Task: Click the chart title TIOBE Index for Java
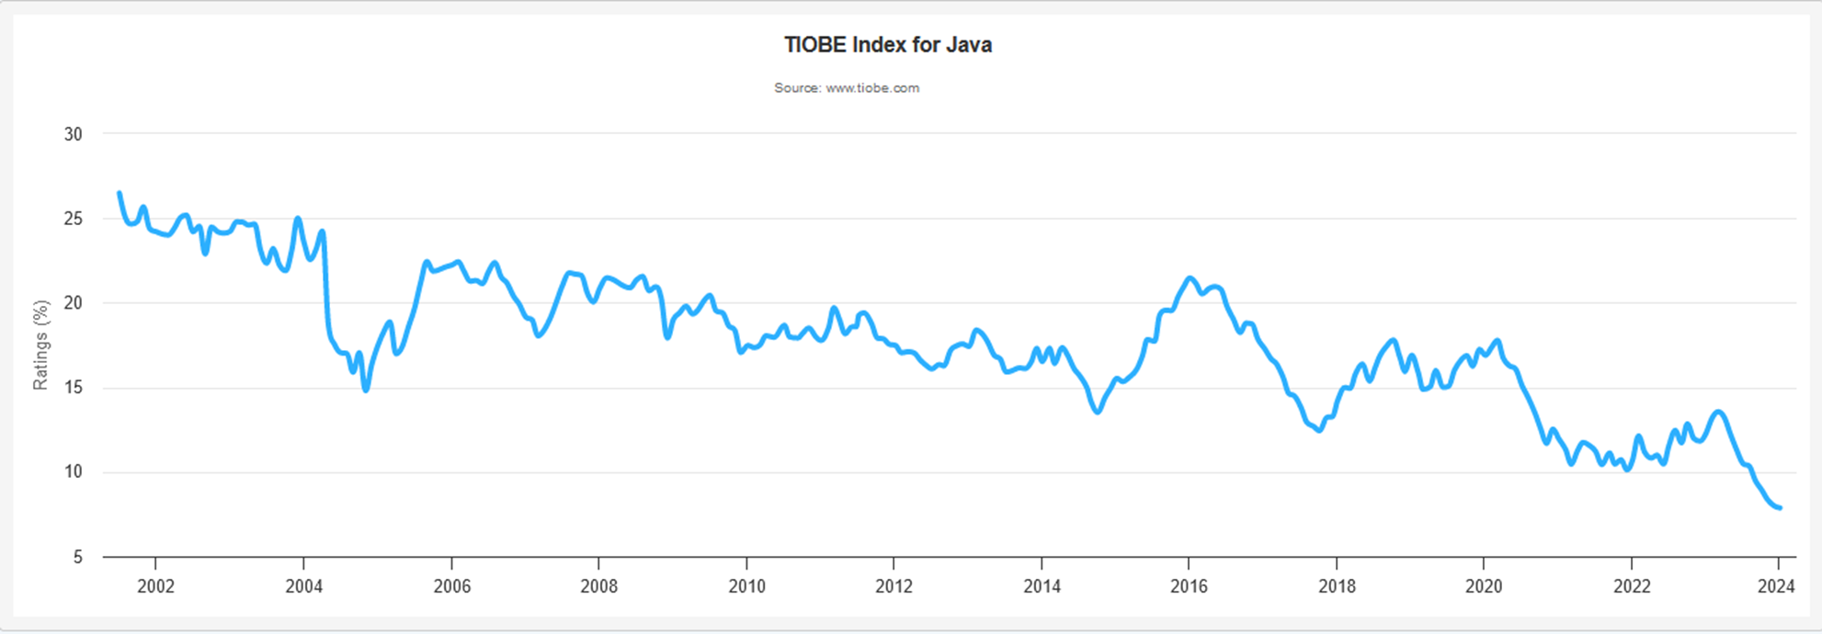(887, 45)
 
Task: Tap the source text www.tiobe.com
(872, 88)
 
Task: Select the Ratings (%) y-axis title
(40, 345)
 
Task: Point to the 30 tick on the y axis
(73, 134)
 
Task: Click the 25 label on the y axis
(73, 219)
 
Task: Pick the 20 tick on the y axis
(73, 303)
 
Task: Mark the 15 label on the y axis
(73, 388)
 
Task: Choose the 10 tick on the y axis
(73, 472)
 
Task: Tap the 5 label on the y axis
(78, 557)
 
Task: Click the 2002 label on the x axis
(155, 586)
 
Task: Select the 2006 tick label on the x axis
(451, 586)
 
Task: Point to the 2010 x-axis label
(746, 586)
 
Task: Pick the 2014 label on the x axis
(1042, 586)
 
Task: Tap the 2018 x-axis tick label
(1337, 586)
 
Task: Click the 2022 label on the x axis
(1632, 586)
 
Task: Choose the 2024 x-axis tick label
(1776, 586)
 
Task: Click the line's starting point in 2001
(120, 193)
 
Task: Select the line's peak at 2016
(1190, 277)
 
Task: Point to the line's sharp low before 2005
(366, 391)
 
